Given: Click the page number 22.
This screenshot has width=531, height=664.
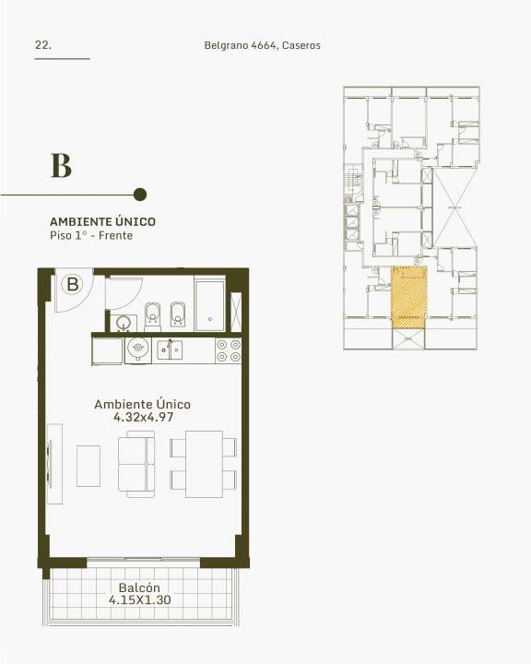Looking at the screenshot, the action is [x=42, y=45].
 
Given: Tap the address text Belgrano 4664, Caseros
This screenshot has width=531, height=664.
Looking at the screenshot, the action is [x=262, y=45].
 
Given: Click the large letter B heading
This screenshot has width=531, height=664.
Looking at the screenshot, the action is [x=61, y=166].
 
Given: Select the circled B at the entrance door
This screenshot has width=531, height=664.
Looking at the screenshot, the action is [x=73, y=284].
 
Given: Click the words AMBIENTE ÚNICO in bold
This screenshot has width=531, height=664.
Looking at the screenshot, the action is [x=103, y=221].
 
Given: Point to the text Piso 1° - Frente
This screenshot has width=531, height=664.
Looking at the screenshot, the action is [x=91, y=235].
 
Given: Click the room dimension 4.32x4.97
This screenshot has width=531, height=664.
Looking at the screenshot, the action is [x=143, y=417].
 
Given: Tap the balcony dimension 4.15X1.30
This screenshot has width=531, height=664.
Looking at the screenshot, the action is [x=140, y=599].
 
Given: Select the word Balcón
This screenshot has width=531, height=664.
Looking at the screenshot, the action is [x=139, y=587].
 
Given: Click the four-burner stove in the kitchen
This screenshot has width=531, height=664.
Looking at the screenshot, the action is [x=229, y=350].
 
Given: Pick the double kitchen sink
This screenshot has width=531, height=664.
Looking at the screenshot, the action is [x=170, y=350].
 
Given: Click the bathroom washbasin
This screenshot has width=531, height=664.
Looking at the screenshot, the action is [x=124, y=324].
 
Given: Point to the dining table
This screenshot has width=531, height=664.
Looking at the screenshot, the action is [x=204, y=464].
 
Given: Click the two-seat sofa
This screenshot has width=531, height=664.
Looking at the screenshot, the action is [x=136, y=464].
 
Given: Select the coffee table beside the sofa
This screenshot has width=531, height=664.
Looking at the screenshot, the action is [x=88, y=466].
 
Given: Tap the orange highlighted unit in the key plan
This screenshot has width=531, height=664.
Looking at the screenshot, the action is [x=408, y=297].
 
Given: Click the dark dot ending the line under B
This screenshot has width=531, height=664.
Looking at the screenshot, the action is [x=140, y=195].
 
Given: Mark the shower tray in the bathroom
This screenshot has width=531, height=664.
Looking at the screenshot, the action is [x=210, y=304].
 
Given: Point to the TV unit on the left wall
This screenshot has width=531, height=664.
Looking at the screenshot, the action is [x=54, y=464].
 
